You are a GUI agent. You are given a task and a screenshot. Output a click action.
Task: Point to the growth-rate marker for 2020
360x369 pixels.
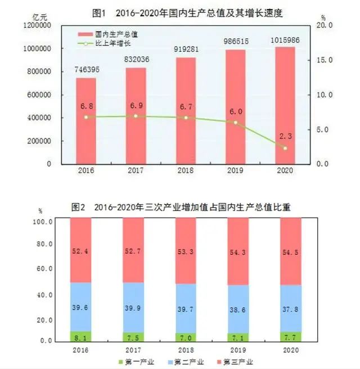(x=285, y=148)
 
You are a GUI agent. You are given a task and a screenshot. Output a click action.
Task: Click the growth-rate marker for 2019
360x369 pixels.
(x=236, y=122)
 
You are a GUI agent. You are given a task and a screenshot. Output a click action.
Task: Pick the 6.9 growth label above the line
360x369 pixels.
(x=136, y=105)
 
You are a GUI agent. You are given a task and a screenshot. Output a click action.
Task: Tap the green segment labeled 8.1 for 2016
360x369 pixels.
(x=80, y=336)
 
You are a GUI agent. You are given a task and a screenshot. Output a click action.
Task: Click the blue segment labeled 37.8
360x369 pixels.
(x=291, y=308)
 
